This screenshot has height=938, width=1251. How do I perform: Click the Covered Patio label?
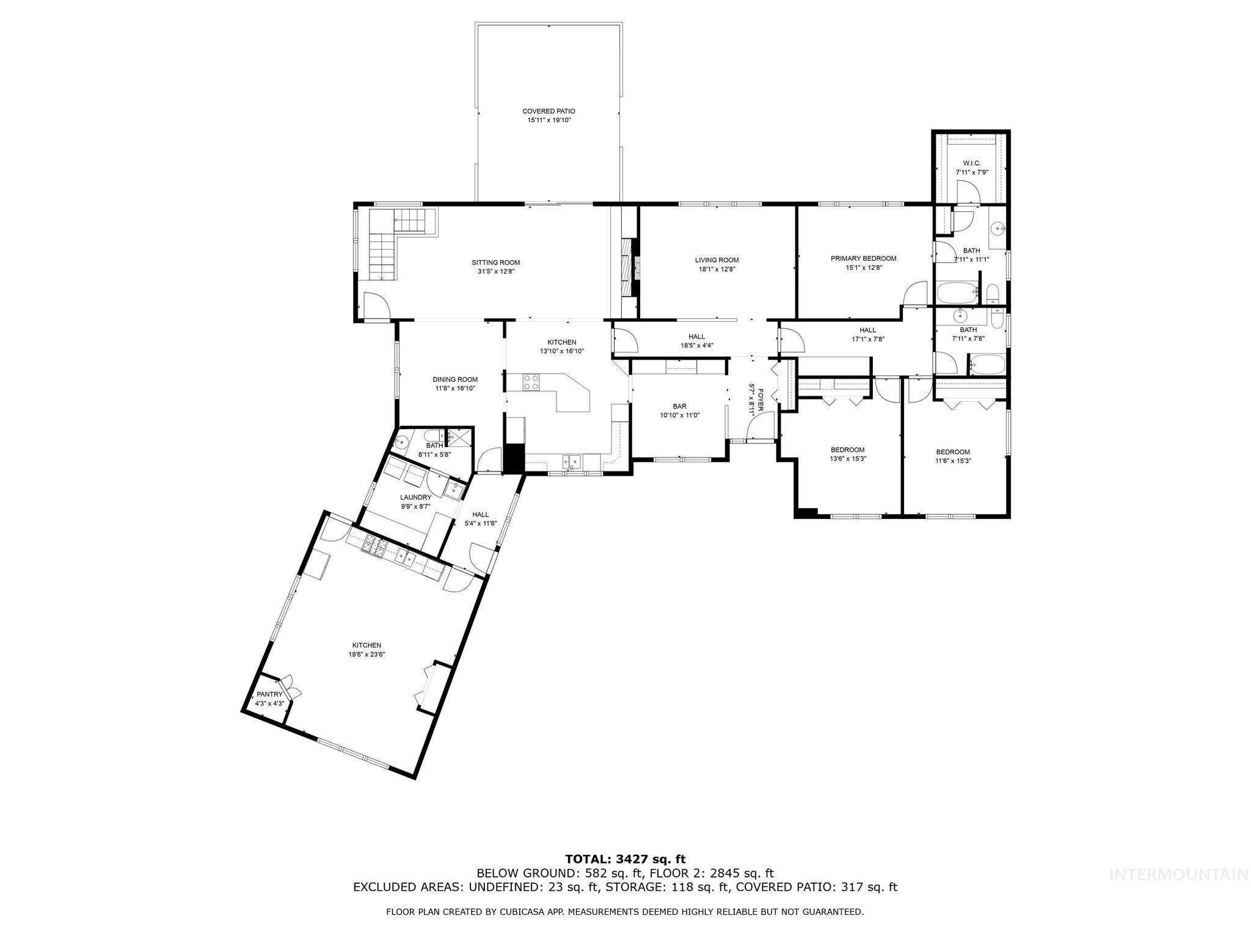click(x=549, y=111)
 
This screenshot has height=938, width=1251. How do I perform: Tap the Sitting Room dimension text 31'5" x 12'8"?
click(x=495, y=272)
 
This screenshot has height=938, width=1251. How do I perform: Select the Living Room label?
click(x=717, y=260)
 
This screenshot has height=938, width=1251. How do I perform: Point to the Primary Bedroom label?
click(x=863, y=258)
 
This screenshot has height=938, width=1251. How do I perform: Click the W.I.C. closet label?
click(x=971, y=163)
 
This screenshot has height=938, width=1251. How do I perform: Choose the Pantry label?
click(x=269, y=694)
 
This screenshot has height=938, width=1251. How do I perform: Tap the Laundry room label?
click(x=415, y=498)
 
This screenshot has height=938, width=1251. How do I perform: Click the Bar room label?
click(x=679, y=406)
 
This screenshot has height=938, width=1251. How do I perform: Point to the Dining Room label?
click(x=455, y=379)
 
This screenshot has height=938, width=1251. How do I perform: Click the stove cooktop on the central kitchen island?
click(x=531, y=382)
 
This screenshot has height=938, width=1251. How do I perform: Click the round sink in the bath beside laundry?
click(x=404, y=442)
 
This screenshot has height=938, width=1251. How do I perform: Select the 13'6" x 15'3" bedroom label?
click(x=847, y=449)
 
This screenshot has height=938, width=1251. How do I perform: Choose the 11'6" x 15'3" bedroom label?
click(x=953, y=452)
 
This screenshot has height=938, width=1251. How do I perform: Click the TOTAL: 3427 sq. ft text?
click(x=625, y=859)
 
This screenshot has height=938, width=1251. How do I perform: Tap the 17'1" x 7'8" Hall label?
click(x=867, y=330)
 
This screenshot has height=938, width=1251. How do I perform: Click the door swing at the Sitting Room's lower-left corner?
click(x=376, y=305)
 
